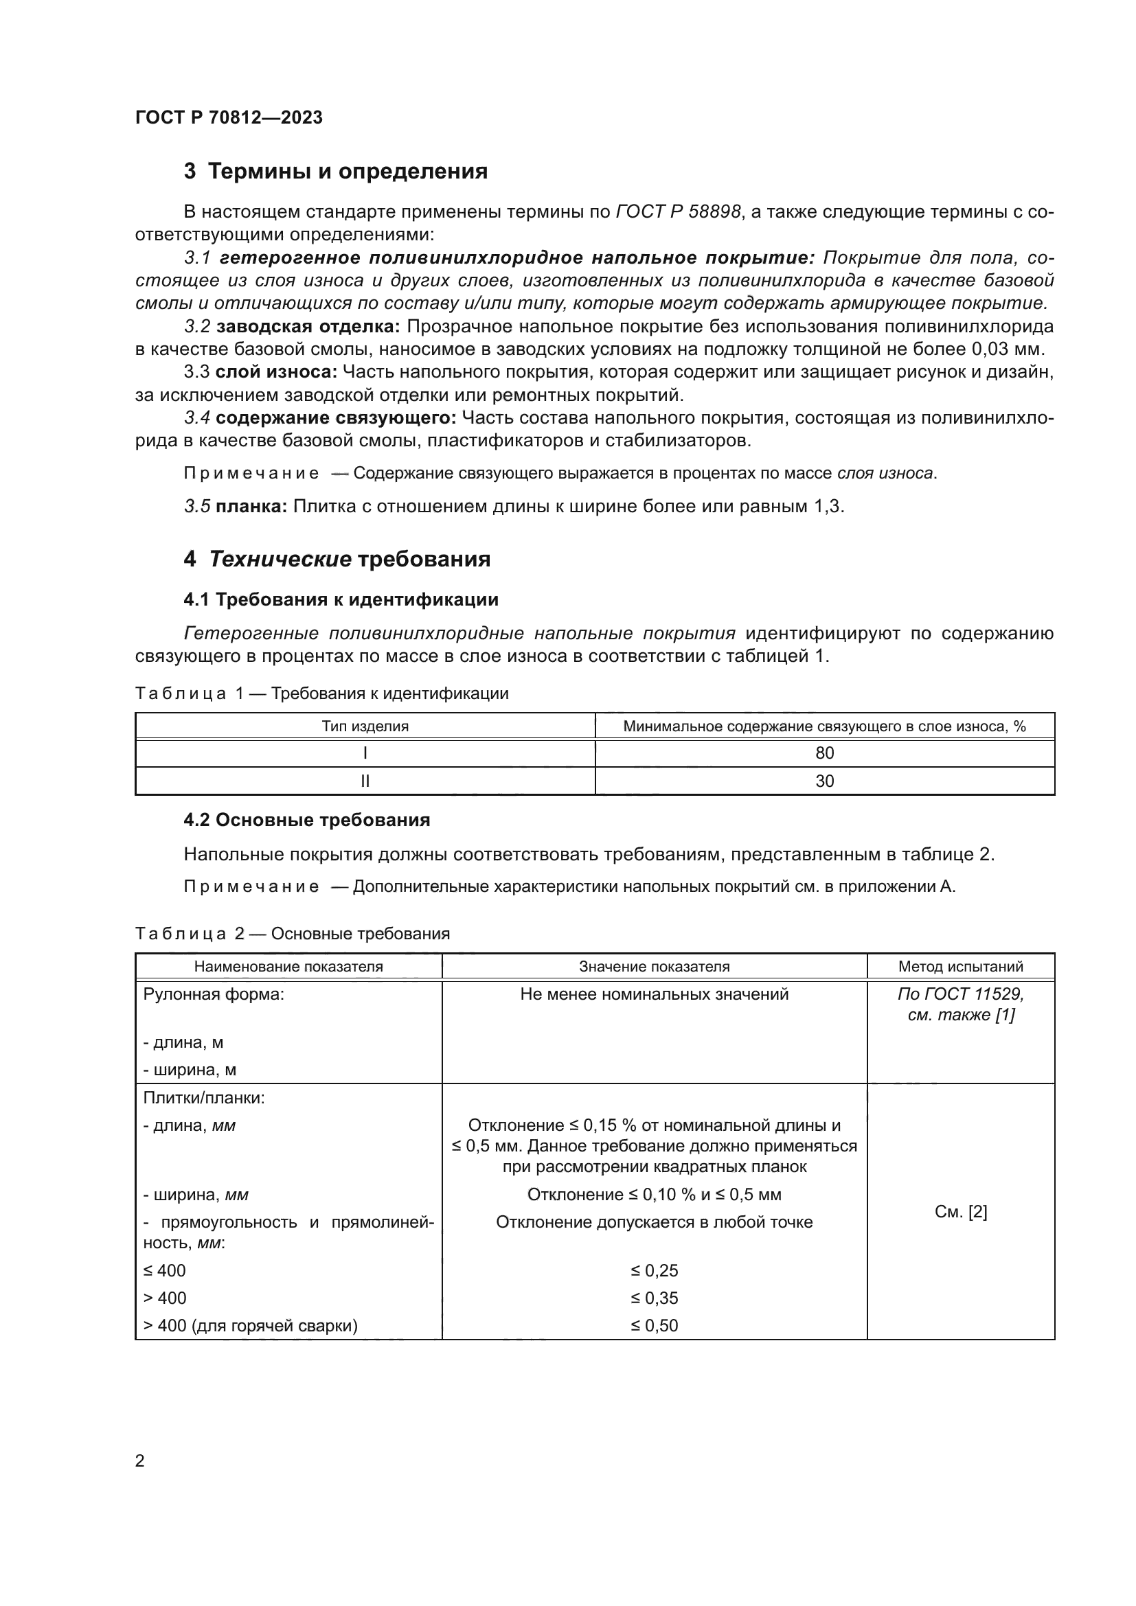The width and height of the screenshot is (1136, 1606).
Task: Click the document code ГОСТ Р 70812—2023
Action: point(229,117)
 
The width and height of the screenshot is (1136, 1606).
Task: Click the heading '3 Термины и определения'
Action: point(336,172)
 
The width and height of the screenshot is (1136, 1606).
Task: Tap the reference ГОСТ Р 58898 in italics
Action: point(678,212)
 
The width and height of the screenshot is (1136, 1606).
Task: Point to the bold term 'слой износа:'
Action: point(276,372)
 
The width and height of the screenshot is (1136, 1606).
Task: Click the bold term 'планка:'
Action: point(251,507)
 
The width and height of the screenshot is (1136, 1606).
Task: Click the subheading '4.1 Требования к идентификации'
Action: point(341,599)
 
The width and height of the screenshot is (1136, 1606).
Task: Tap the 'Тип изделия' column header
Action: point(365,726)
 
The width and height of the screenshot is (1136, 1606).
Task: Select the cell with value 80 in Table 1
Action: point(825,753)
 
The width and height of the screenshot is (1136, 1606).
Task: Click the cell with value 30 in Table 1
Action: point(825,781)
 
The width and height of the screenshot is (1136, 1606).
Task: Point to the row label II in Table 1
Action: point(365,781)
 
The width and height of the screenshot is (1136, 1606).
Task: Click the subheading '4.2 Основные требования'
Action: point(306,820)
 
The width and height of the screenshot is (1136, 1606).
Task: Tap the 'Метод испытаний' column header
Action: point(960,967)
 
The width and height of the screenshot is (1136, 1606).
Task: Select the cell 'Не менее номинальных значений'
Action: point(654,994)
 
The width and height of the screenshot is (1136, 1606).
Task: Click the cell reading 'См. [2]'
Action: point(960,1212)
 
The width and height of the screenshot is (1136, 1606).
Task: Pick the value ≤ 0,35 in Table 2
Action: point(654,1298)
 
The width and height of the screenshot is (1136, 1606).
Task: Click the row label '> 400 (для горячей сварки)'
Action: point(251,1325)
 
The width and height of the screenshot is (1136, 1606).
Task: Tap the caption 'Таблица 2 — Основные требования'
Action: point(293,934)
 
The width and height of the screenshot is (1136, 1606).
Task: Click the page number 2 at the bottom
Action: point(140,1461)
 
